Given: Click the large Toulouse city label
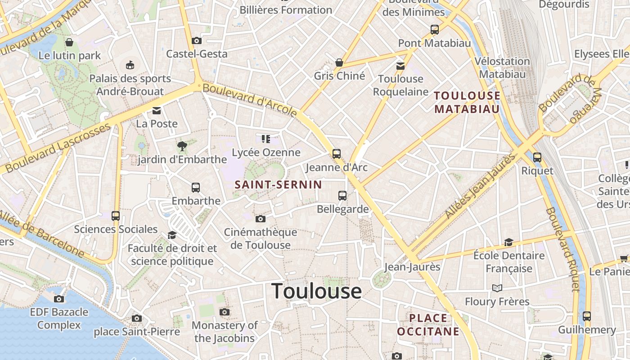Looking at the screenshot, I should [316, 291].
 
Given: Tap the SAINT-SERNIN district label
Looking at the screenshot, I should [279, 184].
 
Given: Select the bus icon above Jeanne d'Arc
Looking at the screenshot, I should [337, 154].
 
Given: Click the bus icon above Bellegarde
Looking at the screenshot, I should [342, 196].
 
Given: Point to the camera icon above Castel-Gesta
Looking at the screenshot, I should [196, 41].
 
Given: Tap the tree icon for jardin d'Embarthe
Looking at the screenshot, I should [182, 146].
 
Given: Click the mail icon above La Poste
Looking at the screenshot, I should [157, 110].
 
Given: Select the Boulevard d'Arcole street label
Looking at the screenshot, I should [250, 99].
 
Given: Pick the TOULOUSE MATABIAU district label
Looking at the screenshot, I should [467, 102].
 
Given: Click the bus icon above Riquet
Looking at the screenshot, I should [537, 157].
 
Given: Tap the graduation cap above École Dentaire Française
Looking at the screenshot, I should [508, 242].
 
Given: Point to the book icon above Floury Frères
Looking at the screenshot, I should [497, 288].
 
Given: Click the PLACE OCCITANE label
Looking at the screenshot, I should [428, 325].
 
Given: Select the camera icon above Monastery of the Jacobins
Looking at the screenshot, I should [225, 312].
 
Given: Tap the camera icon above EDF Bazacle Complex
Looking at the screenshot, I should [59, 299].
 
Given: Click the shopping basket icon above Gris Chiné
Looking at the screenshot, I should [339, 63].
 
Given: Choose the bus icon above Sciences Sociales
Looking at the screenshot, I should [116, 216].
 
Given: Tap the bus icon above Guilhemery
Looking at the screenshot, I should [586, 316].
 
